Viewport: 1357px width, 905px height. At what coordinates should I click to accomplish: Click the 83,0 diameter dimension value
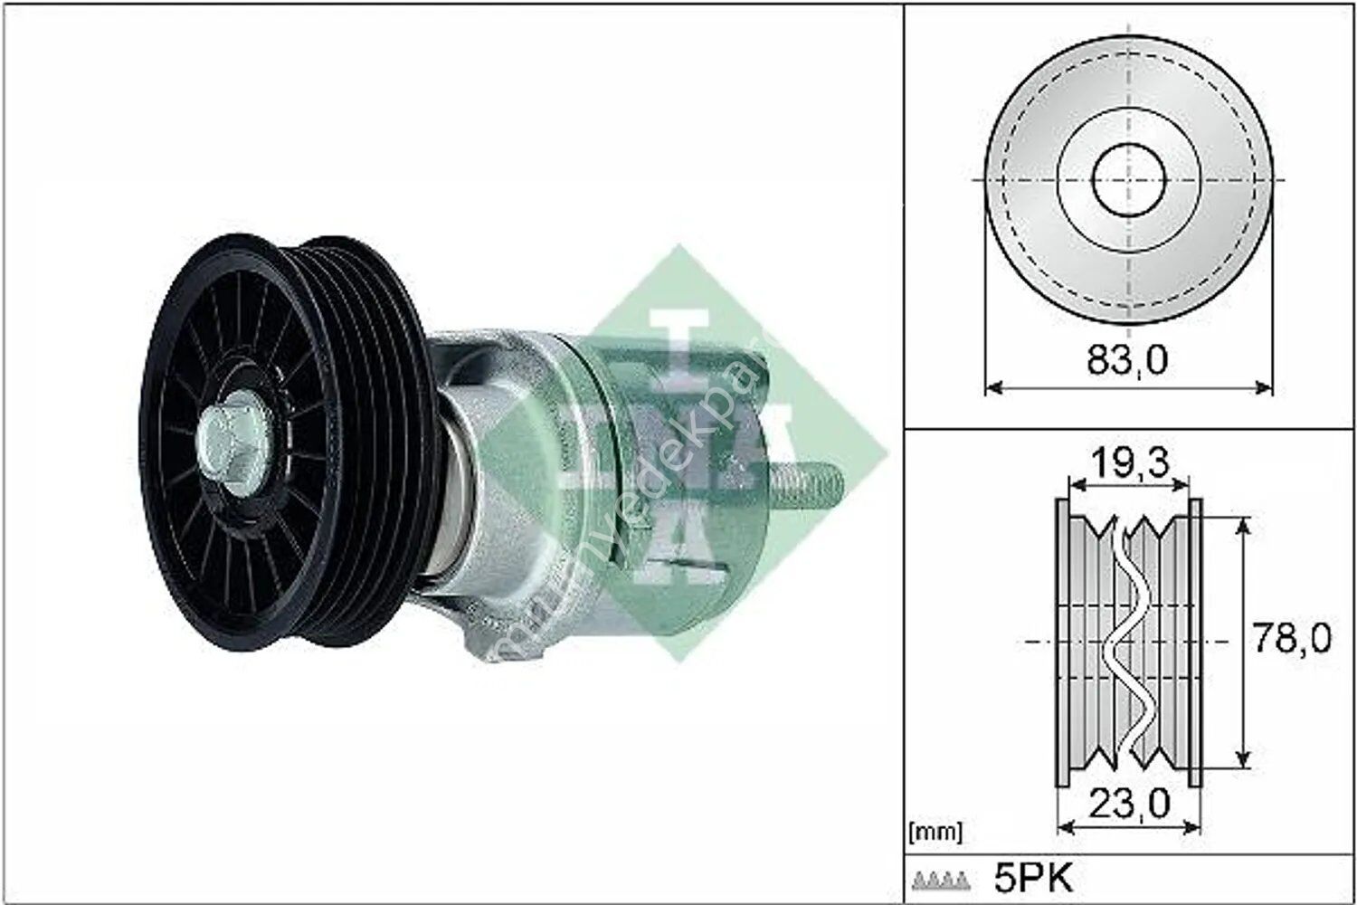1126,359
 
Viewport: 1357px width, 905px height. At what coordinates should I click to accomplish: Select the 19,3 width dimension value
1128,462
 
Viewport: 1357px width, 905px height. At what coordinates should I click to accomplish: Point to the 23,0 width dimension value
1128,801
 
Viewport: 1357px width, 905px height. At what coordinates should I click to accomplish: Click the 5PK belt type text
1031,877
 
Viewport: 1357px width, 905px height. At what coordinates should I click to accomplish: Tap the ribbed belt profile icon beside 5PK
943,879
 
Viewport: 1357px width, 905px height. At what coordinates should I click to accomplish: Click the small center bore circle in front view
1128,180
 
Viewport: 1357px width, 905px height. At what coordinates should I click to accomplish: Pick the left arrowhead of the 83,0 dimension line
990,388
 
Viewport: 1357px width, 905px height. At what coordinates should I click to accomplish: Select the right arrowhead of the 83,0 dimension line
1267,388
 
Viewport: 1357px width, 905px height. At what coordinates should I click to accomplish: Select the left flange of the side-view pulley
1061,642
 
